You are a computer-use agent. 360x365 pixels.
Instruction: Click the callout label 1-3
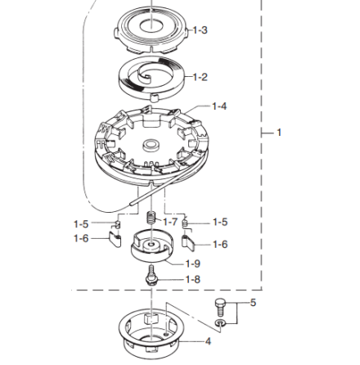200,30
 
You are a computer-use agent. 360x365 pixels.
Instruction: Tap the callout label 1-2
200,77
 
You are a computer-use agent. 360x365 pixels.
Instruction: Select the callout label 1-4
219,106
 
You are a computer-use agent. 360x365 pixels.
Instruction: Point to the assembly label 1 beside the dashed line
279,133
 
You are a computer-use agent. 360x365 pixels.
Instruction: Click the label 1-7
170,222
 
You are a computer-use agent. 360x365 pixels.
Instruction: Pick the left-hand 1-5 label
81,224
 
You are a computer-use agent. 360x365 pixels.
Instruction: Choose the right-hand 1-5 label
220,222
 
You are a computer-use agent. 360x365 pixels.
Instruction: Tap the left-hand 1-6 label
81,239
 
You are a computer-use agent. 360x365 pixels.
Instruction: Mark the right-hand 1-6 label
220,245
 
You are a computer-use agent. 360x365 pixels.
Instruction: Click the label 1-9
193,264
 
